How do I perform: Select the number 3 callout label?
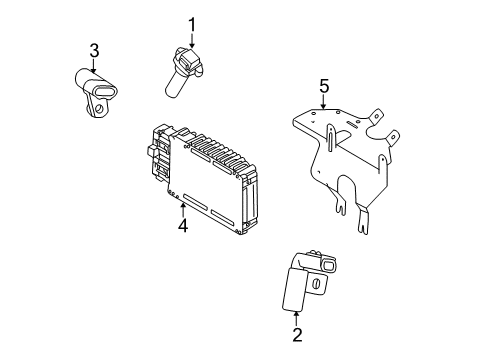(93, 51)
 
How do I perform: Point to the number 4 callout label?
(183, 225)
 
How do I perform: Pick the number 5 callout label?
(324, 87)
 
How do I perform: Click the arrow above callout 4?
(183, 208)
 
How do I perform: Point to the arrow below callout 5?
(324, 103)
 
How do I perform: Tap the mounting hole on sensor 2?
(316, 285)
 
